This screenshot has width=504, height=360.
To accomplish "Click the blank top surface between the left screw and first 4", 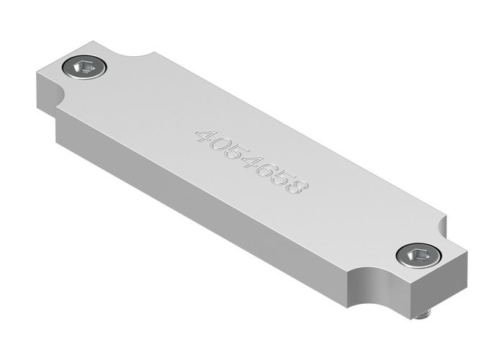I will point(144,101).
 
